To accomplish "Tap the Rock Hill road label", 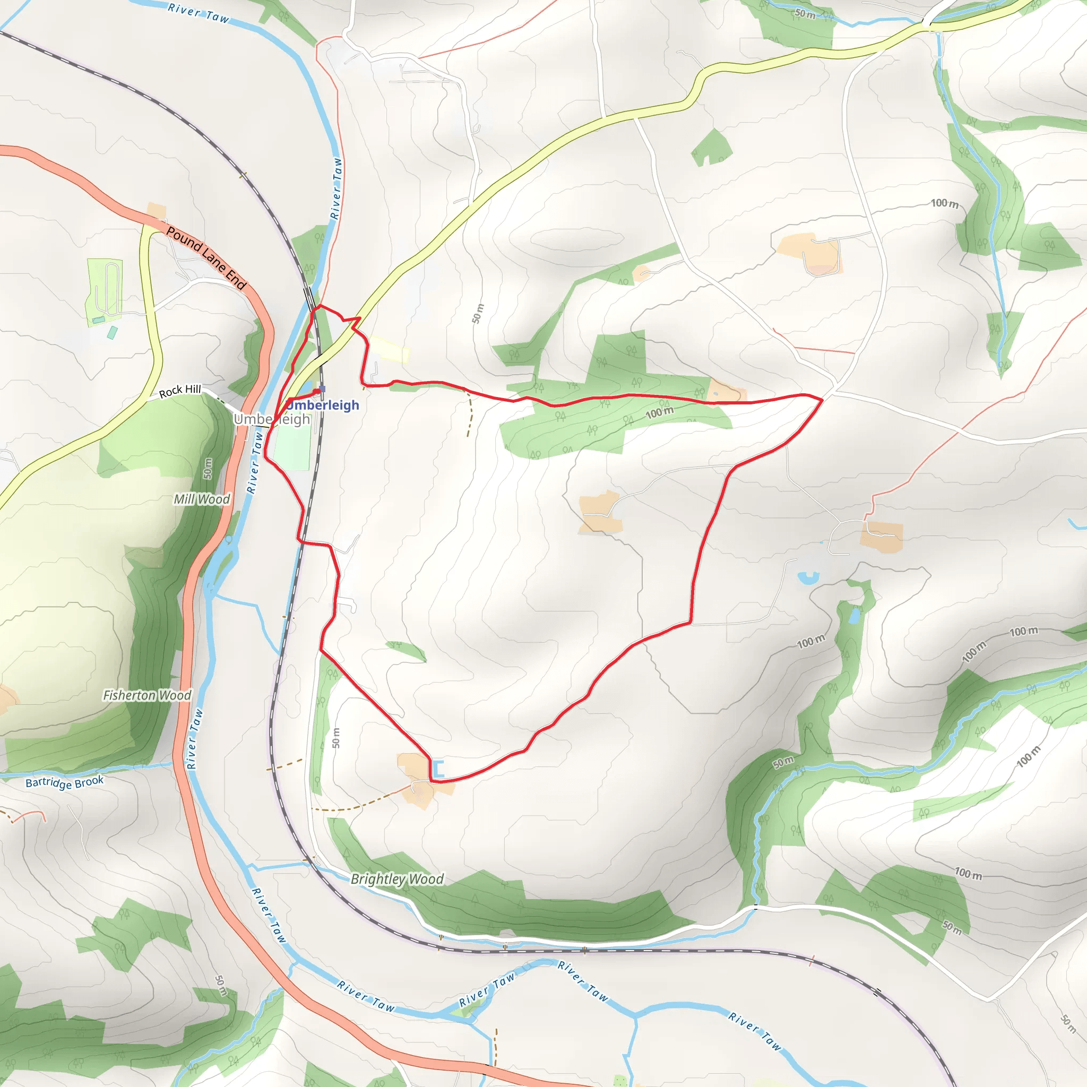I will (x=179, y=391).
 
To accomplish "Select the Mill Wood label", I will (x=201, y=499).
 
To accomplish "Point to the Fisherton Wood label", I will (x=147, y=695).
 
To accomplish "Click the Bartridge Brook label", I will (x=65, y=782).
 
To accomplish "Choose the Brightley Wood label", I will (x=397, y=879).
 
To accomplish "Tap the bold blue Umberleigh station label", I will (x=323, y=405).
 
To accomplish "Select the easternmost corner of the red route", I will (x=823, y=400).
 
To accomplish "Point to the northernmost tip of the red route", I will (x=319, y=306).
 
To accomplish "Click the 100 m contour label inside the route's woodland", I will (x=659, y=412).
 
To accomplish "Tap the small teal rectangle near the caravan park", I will (x=113, y=332).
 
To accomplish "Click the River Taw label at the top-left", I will (x=199, y=13).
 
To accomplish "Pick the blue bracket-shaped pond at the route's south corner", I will (x=438, y=769).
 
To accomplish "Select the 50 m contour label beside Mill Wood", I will (x=208, y=468).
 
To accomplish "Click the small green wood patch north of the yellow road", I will (x=712, y=148).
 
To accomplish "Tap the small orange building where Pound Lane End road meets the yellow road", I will (x=157, y=211).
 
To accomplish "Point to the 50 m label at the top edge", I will (x=805, y=13).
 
